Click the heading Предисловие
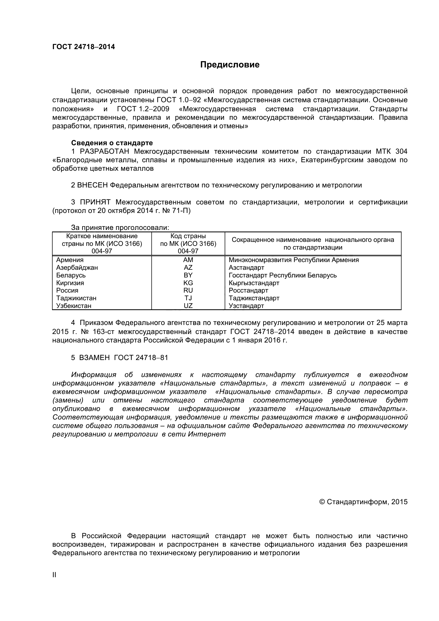(230, 65)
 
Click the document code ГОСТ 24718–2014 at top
(83, 47)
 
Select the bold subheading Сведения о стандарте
(112, 143)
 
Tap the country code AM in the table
(188, 260)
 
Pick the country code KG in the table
(188, 283)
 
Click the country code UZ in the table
(188, 306)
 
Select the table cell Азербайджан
(77, 268)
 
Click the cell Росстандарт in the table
(248, 290)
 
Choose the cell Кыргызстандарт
(254, 283)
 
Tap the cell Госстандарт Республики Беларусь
(282, 275)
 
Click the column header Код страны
(188, 236)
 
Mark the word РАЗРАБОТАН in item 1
(104, 151)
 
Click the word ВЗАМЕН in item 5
(94, 358)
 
